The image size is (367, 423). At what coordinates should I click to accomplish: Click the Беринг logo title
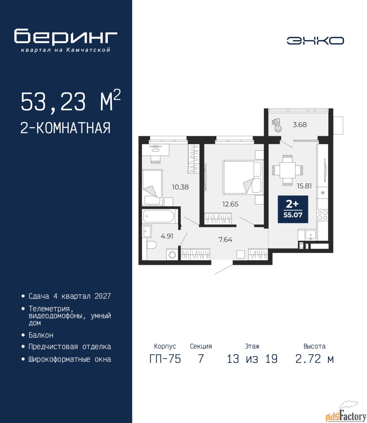66,37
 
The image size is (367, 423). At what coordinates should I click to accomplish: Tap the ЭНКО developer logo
315,41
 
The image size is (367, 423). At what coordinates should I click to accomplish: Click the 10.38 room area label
180,187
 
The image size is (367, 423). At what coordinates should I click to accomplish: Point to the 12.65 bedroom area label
230,204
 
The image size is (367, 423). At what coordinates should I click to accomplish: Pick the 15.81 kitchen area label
304,186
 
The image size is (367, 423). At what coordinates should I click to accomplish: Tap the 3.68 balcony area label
299,125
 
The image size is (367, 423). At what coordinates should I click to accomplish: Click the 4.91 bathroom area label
167,236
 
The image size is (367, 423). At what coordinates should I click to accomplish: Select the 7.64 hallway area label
225,239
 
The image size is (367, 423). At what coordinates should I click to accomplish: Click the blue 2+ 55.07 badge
293,209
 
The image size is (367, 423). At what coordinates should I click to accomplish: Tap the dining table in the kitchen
287,170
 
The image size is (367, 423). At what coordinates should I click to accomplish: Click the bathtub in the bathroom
159,216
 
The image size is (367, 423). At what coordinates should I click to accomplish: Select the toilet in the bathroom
152,245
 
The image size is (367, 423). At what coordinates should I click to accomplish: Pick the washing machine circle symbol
172,255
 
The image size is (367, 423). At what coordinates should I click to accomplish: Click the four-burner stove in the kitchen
322,215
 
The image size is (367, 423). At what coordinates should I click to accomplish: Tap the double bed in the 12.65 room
243,177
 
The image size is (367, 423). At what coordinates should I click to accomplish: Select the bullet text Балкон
41,335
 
